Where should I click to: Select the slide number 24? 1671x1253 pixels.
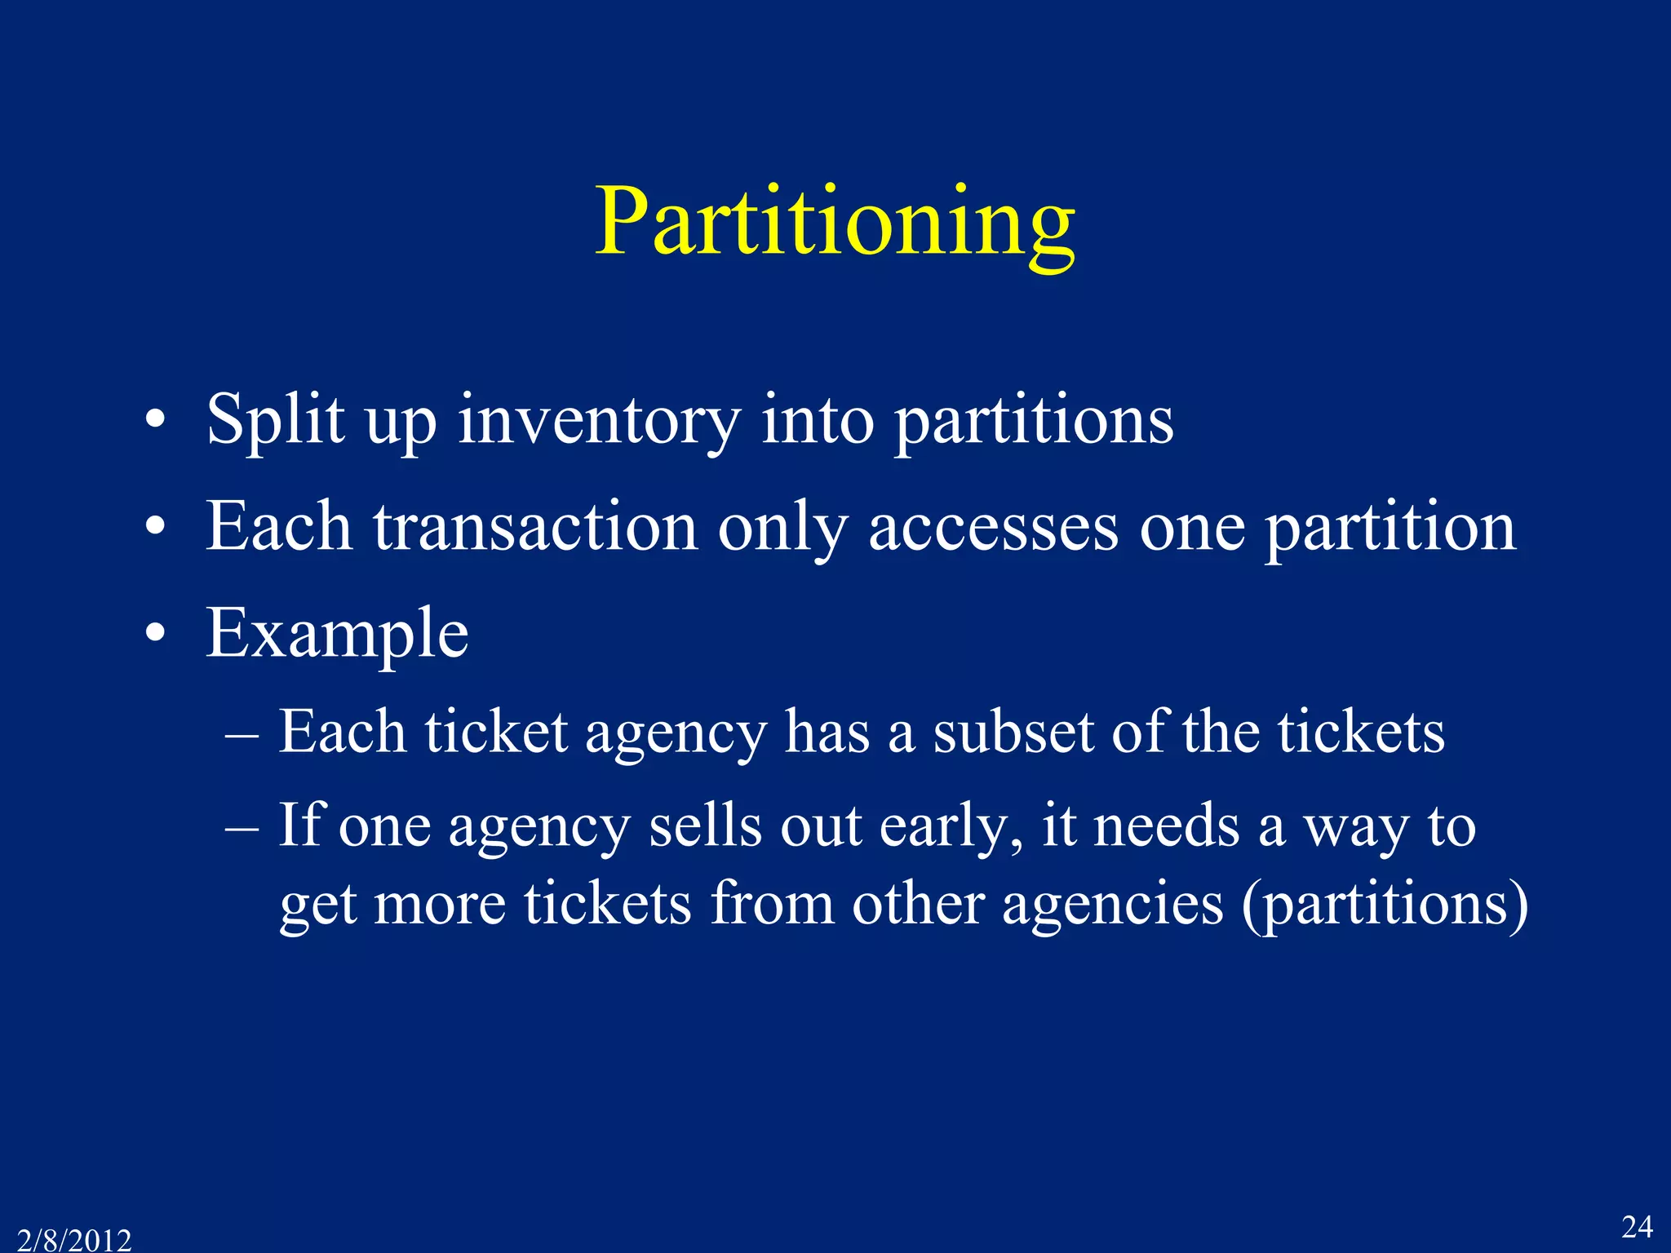1636,1226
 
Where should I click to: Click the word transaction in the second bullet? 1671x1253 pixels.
535,527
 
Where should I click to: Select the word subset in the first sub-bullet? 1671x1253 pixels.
1013,731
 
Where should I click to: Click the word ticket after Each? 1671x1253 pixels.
495,731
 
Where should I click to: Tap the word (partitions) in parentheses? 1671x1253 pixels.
1385,905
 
